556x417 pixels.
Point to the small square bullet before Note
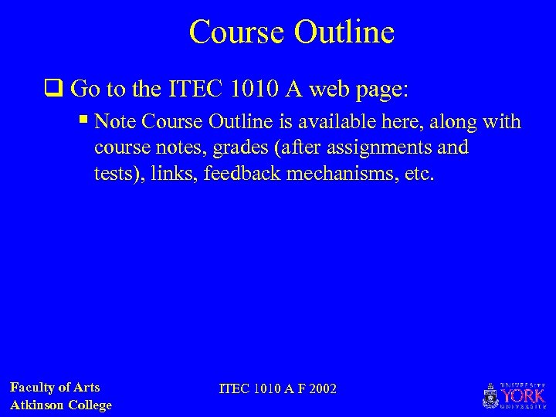click(x=84, y=123)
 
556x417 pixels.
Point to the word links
click(x=174, y=174)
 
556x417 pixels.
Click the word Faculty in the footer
click(x=35, y=388)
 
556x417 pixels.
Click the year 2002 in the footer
click(x=321, y=388)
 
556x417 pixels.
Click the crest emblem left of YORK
click(x=490, y=395)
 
